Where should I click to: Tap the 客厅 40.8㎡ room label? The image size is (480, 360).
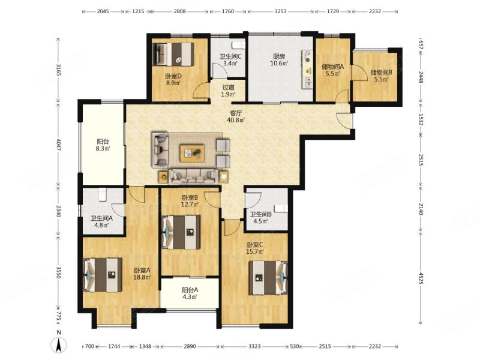(x=235, y=116)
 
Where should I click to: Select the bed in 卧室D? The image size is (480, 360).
(x=173, y=54)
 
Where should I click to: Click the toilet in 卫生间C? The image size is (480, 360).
(x=239, y=45)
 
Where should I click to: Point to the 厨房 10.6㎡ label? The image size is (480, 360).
(x=279, y=60)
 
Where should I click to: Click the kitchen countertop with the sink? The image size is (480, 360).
(x=307, y=70)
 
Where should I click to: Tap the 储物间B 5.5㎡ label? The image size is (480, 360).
(x=381, y=76)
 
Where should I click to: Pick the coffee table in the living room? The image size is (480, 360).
(x=192, y=153)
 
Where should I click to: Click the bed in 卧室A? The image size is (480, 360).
(x=103, y=275)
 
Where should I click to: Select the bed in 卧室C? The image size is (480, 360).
(x=268, y=277)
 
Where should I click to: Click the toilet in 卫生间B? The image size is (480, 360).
(x=281, y=209)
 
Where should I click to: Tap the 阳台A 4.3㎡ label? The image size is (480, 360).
(x=190, y=293)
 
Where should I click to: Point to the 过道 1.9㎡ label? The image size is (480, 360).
(x=229, y=91)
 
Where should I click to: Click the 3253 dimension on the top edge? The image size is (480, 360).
(x=280, y=11)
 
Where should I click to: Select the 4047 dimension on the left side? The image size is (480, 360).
(x=58, y=145)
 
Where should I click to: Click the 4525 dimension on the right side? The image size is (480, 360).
(x=421, y=278)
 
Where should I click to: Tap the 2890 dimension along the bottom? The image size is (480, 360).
(x=190, y=346)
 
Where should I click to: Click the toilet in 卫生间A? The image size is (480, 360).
(x=103, y=194)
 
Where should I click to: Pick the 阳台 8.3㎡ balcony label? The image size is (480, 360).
(x=103, y=145)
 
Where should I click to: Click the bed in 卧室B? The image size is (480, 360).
(x=181, y=232)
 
